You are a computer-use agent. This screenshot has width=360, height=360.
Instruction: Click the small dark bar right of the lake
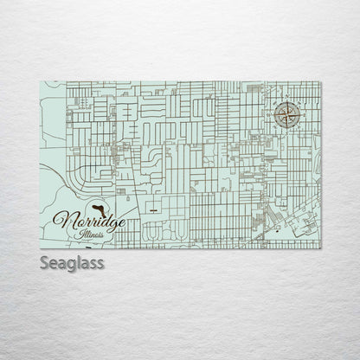pyautogui.click(x=151, y=208)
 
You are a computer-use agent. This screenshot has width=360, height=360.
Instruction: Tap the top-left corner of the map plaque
pyautogui.click(x=40, y=80)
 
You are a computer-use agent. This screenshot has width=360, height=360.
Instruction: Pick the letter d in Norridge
pyautogui.click(x=101, y=218)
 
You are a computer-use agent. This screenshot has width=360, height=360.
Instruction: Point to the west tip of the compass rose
pyautogui.click(x=274, y=112)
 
